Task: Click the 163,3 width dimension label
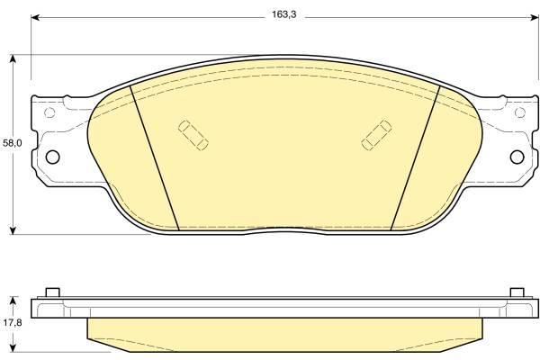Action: (x=283, y=14)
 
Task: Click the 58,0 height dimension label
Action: (x=13, y=143)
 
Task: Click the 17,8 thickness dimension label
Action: (x=13, y=323)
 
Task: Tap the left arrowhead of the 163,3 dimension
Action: (x=35, y=17)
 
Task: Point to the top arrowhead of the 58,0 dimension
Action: (x=13, y=59)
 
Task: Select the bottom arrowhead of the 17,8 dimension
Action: (x=13, y=347)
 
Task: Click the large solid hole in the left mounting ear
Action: (x=53, y=157)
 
